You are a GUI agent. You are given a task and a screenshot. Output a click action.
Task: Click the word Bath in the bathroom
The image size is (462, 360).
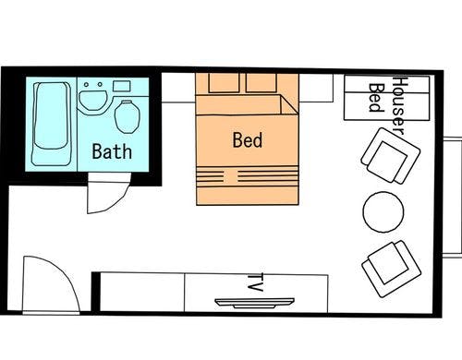click(112, 151)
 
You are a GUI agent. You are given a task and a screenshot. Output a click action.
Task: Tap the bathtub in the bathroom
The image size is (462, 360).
click(52, 124)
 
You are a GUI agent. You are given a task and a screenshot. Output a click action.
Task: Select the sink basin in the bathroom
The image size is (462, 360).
click(92, 100)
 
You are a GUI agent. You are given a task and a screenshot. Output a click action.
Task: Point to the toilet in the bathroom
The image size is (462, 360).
click(127, 117)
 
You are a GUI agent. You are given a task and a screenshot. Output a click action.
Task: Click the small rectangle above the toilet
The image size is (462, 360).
click(121, 86)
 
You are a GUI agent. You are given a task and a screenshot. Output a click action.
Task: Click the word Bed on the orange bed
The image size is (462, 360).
click(248, 140)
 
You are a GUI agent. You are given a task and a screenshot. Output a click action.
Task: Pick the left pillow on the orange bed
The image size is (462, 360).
click(224, 83)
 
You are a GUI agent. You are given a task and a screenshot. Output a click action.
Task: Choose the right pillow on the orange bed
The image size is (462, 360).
click(261, 83)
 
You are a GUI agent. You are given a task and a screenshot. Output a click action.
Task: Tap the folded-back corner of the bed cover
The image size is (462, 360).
click(289, 104)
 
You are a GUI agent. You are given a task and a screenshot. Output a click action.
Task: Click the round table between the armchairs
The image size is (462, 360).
click(383, 212)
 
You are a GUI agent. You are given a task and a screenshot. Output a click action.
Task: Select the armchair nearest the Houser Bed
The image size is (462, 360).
click(391, 156)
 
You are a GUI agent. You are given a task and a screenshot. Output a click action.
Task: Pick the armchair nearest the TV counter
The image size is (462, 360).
click(392, 269)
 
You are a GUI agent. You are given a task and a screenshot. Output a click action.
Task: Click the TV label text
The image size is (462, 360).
click(255, 282)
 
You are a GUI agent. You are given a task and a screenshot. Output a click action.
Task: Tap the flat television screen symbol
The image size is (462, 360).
click(254, 303)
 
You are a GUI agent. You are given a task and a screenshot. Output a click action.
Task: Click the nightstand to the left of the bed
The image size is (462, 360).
click(178, 88)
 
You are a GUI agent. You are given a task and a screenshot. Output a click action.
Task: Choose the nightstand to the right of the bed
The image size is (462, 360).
click(316, 88)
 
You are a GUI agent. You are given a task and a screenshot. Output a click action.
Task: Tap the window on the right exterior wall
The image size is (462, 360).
click(453, 197)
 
